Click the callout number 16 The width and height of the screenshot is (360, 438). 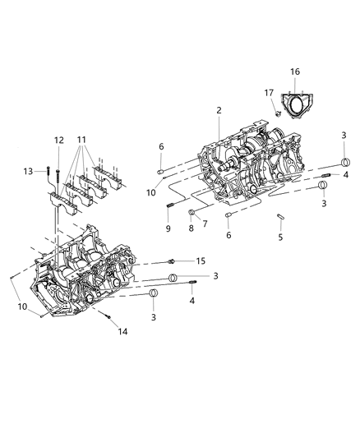pos(294,71)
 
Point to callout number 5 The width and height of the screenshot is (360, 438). pos(280,237)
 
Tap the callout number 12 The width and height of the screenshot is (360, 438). pos(59,141)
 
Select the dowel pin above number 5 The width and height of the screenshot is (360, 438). pos(280,218)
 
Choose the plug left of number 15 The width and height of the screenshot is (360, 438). pos(171,260)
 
